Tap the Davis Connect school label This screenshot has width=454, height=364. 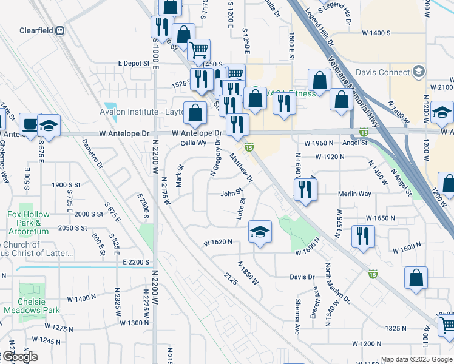(387, 72)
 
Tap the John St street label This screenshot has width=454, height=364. (231, 194)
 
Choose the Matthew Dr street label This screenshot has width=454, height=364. (241, 167)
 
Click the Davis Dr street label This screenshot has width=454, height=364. (302, 277)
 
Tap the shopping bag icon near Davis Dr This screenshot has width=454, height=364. (416, 278)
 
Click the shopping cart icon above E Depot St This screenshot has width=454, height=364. (198, 50)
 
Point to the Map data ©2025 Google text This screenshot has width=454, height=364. (416, 359)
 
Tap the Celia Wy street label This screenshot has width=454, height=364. (194, 144)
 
